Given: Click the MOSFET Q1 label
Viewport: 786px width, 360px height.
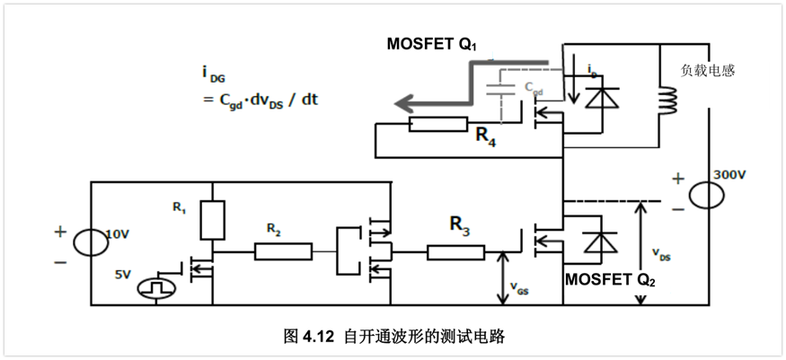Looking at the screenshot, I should (432, 44).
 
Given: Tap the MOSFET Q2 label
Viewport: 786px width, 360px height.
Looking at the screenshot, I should (610, 279).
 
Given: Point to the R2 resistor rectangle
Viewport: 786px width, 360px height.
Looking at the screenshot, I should (284, 251).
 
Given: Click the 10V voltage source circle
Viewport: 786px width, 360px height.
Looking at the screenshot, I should (93, 241).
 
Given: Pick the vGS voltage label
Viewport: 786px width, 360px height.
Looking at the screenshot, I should (518, 289).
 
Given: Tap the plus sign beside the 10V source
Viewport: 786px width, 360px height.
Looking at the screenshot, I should (60, 231).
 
